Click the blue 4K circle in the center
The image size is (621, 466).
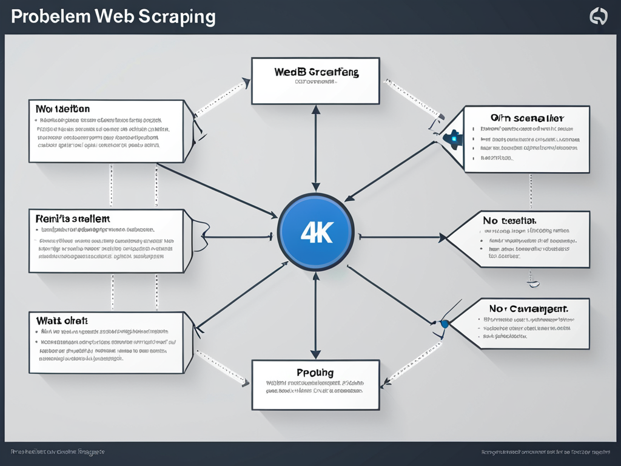coord(315,232)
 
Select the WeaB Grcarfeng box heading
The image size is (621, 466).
coord(316,72)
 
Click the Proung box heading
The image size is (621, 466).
coord(315,373)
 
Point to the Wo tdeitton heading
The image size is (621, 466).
coord(62,109)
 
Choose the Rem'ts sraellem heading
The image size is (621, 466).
coord(73,218)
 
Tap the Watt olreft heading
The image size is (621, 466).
coord(62,320)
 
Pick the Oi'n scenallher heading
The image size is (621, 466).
coord(526,117)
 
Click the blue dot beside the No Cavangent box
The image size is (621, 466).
coord(445,324)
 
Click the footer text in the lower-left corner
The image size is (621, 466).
coord(58,452)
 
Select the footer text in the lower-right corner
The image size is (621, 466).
coord(546,452)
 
